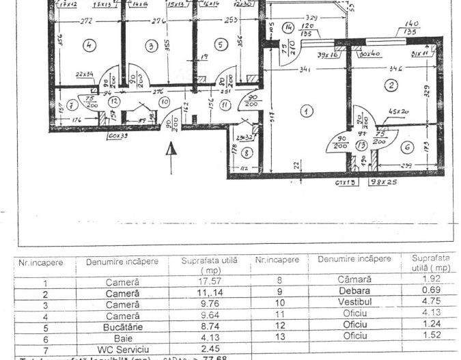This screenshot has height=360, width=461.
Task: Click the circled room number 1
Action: point(307,111)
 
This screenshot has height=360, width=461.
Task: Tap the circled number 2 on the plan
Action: point(391,85)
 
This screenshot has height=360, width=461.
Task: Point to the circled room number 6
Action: point(407,147)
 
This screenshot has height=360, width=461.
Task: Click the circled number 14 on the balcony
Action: point(288,28)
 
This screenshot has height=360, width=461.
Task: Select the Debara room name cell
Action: point(353,290)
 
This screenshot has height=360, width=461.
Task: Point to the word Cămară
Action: point(354,280)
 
